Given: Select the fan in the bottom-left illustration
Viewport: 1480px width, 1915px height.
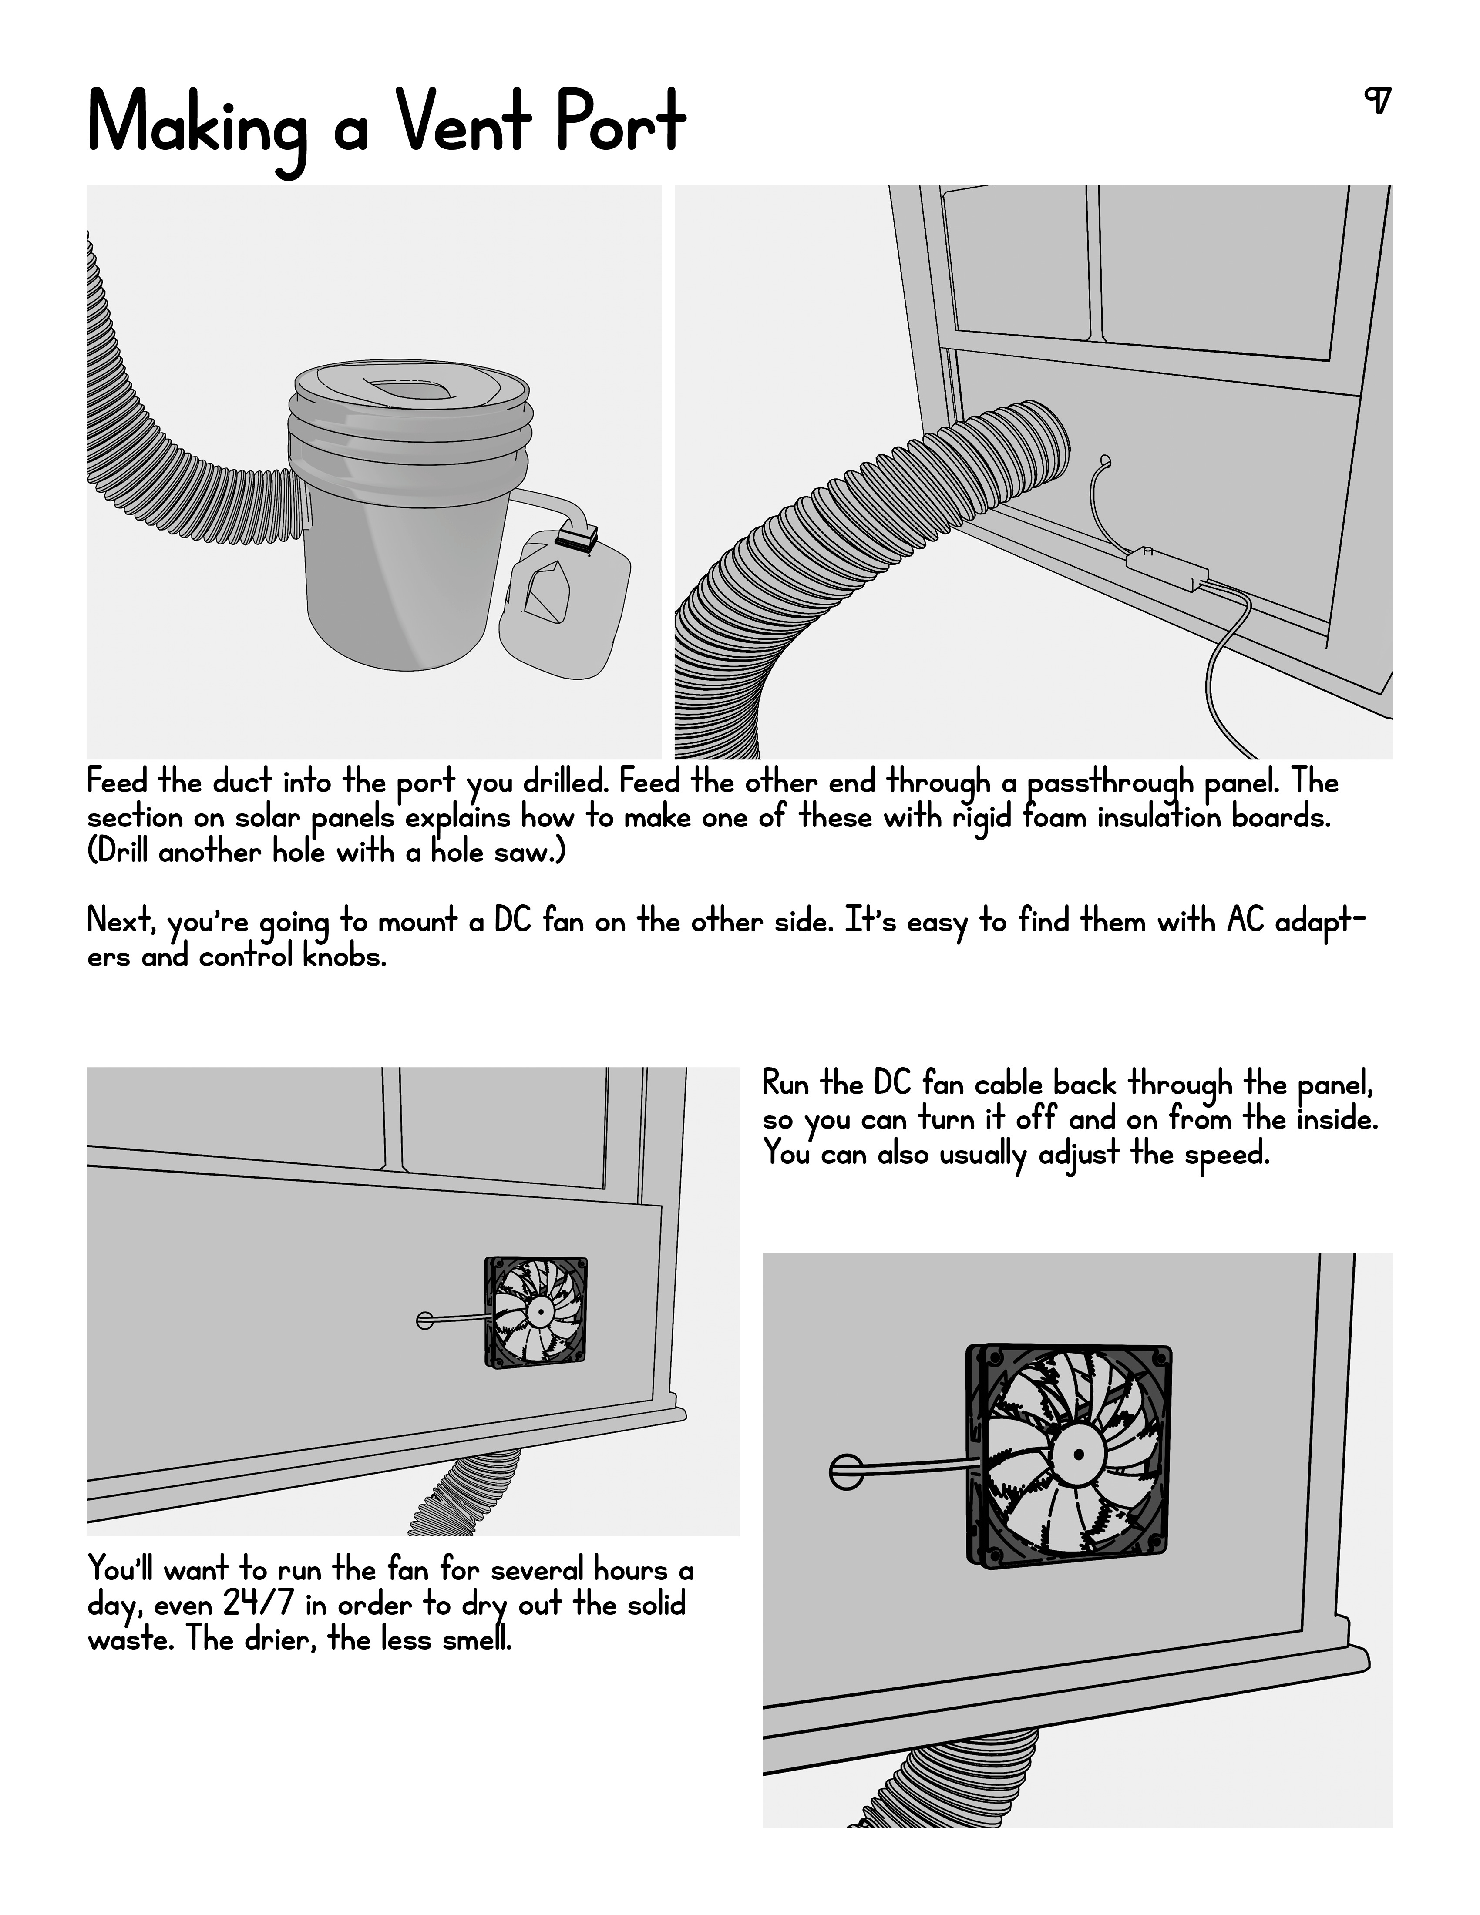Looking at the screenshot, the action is [x=536, y=1313].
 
